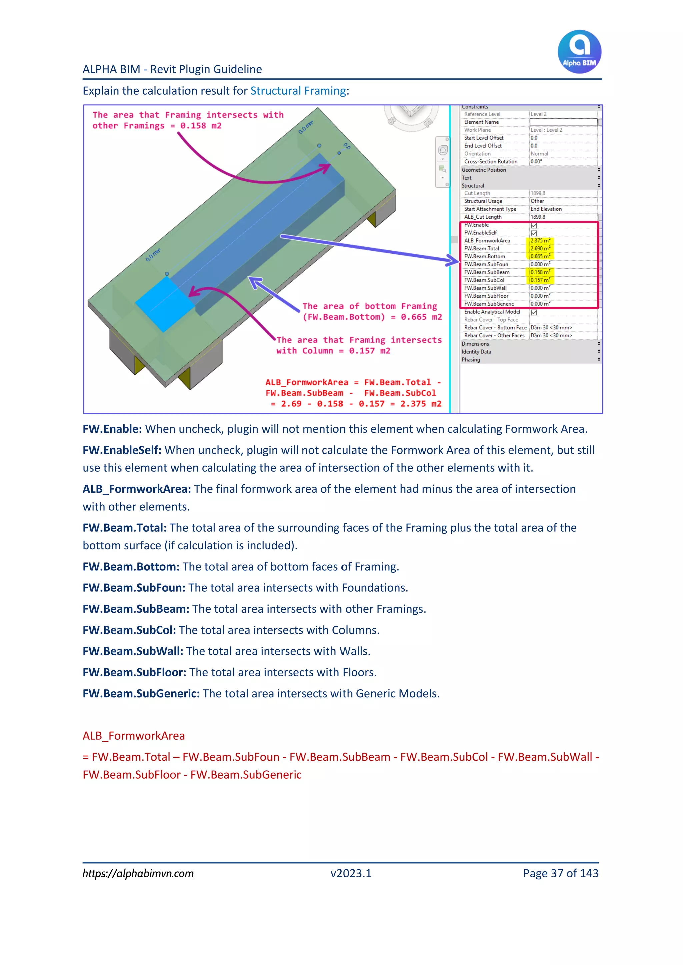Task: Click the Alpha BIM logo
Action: tap(579, 51)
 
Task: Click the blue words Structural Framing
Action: tap(298, 91)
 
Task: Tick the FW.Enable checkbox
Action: tap(534, 226)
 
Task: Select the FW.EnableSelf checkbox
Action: tap(534, 233)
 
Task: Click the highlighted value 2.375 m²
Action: tap(540, 241)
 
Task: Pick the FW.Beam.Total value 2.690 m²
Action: tap(540, 249)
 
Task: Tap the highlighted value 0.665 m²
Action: tap(540, 256)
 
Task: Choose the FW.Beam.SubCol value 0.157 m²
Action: tap(540, 280)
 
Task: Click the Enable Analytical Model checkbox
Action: tap(534, 312)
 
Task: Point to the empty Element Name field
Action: tap(563, 122)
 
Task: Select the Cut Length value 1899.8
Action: tap(538, 193)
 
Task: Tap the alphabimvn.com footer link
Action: tap(138, 873)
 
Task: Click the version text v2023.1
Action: tap(351, 873)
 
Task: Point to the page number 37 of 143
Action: tap(560, 873)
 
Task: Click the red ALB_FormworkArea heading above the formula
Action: tap(134, 736)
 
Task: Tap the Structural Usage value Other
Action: tap(537, 201)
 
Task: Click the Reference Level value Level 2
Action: tap(538, 114)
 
